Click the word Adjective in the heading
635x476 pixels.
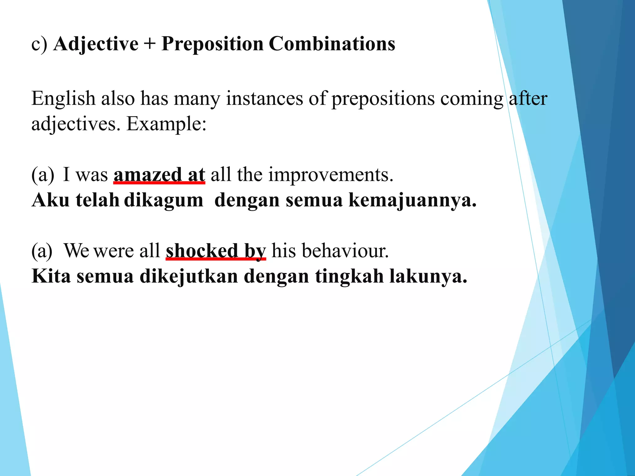tap(96, 44)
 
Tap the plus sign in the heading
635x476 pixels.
tap(149, 44)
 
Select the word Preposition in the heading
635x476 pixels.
tap(212, 44)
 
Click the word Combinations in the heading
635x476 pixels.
tap(332, 44)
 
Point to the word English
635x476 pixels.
tap(63, 99)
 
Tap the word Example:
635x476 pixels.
tap(166, 124)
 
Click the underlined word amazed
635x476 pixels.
tap(148, 175)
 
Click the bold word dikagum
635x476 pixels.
tap(164, 200)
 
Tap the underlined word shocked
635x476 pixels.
tap(202, 251)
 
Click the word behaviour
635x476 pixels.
tap(345, 251)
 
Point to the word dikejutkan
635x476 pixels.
tap(189, 276)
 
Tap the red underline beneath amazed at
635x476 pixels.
tap(159, 183)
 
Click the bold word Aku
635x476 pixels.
tap(51, 200)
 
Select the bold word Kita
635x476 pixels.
tap(51, 276)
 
